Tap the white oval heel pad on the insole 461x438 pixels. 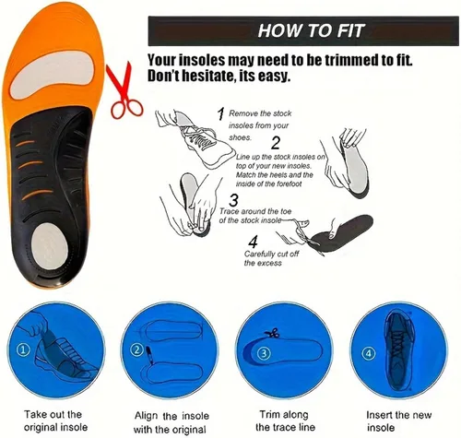(50, 242)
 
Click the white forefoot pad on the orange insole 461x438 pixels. (52, 75)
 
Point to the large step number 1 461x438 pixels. (220, 114)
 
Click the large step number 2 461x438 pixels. (276, 143)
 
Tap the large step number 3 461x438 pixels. (233, 200)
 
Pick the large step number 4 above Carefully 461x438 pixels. (253, 242)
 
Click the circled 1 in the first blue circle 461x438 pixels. (24, 349)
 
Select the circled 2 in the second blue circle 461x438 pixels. (137, 349)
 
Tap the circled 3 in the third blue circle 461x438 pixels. (264, 353)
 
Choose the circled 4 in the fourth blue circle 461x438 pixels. (369, 353)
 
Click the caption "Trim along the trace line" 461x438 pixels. (285, 420)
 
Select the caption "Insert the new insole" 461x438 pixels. (398, 420)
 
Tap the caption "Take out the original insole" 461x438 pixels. (55, 420)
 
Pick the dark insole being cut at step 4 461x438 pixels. (341, 232)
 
